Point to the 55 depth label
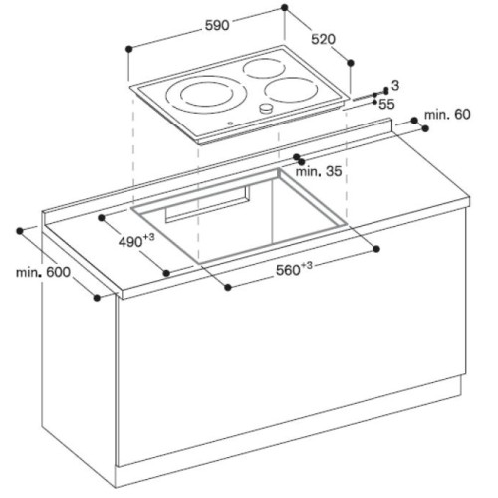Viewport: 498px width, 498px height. click(387, 103)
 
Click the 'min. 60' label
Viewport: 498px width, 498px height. click(447, 117)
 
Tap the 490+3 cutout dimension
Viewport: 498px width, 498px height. click(135, 241)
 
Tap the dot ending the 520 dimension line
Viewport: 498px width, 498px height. click(351, 61)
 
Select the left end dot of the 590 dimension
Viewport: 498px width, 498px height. click(129, 47)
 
